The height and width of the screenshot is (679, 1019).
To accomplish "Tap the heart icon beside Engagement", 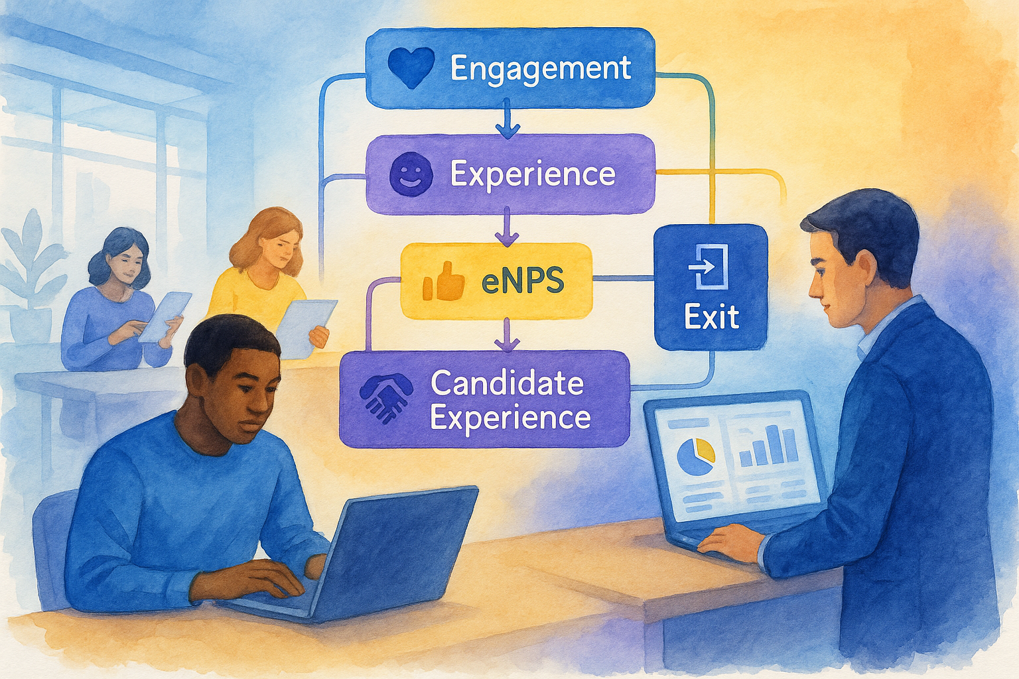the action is [411, 68].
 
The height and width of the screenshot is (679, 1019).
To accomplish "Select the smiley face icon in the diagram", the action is [411, 174].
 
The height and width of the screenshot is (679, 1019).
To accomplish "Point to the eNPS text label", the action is [523, 280].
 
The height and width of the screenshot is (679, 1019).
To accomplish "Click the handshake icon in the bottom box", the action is [385, 398].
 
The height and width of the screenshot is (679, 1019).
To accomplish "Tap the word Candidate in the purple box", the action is [508, 383].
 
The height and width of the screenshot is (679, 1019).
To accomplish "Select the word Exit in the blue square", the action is [711, 316].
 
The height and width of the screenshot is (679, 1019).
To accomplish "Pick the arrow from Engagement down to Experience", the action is [508, 119].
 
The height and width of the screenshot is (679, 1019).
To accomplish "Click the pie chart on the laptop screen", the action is [695, 456].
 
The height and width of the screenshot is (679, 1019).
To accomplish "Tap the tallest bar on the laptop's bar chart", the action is [773, 444].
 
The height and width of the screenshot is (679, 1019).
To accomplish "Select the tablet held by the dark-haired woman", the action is [165, 316].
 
